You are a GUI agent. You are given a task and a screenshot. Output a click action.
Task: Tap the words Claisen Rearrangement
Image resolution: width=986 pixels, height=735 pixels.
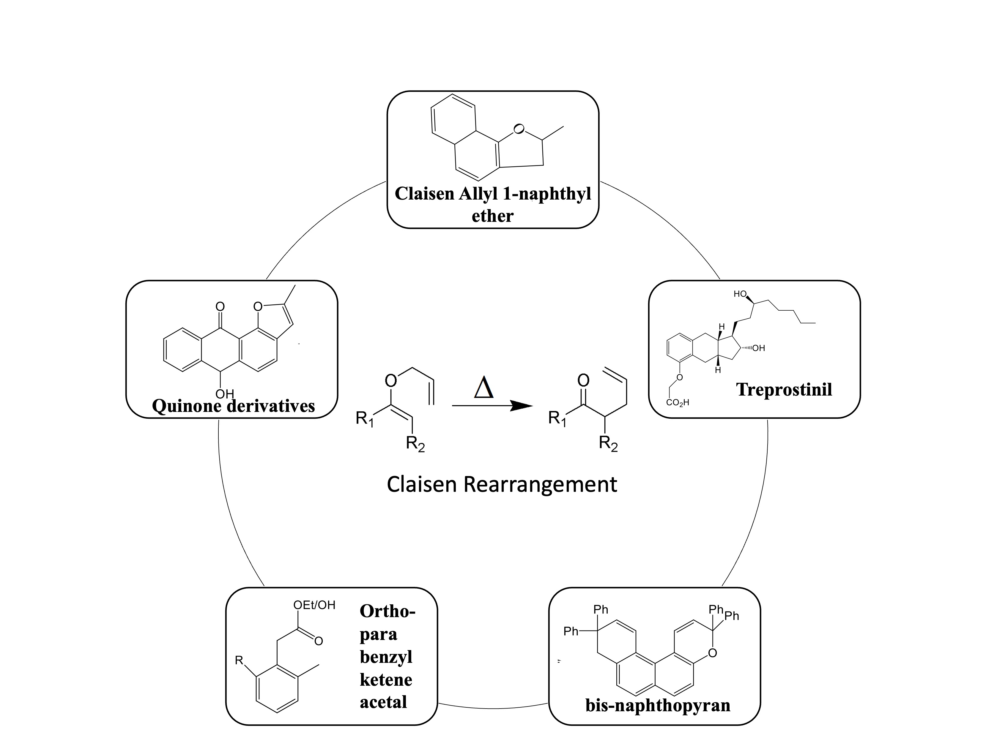coord(502,484)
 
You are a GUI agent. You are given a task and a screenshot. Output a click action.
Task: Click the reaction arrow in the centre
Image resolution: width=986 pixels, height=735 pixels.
coord(492,405)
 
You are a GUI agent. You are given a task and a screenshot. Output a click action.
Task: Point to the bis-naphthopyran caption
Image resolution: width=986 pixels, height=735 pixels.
coord(657,705)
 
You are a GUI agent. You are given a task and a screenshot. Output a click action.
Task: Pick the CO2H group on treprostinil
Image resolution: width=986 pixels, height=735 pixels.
coord(678,403)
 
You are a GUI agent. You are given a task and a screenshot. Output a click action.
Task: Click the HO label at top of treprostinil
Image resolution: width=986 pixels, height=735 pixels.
coord(740,294)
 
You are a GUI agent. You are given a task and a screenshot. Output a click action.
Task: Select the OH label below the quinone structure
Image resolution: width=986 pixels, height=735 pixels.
coord(224,394)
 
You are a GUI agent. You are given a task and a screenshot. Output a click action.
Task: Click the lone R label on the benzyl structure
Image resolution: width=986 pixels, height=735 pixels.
coord(239,660)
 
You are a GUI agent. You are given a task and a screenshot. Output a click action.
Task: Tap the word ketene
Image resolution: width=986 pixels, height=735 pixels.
coord(386,679)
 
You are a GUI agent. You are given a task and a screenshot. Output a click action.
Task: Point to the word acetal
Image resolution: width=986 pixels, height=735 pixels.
coord(383,702)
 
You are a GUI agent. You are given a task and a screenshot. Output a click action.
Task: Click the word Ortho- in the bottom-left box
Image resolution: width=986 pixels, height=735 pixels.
coord(387,611)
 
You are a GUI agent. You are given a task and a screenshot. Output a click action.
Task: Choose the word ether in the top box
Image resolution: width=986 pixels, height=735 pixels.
coord(492,216)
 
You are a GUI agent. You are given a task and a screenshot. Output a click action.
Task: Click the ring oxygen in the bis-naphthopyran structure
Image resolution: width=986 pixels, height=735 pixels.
coord(712,653)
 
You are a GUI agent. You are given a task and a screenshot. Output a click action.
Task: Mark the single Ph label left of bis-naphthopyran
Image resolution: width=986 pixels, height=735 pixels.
coord(570,631)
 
